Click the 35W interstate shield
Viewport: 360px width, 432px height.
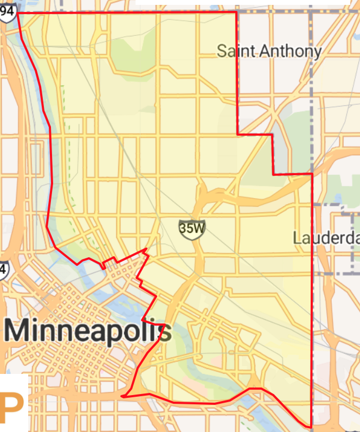(x=192, y=228)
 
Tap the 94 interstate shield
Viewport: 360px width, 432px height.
(x=7, y=12)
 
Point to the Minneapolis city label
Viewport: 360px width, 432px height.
(x=88, y=331)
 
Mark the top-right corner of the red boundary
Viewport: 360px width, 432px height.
(x=236, y=12)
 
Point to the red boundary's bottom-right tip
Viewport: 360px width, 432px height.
(x=311, y=427)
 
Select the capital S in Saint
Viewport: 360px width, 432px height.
(x=222, y=52)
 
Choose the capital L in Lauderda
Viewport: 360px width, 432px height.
(x=297, y=238)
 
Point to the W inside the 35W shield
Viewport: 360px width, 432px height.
(x=198, y=228)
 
